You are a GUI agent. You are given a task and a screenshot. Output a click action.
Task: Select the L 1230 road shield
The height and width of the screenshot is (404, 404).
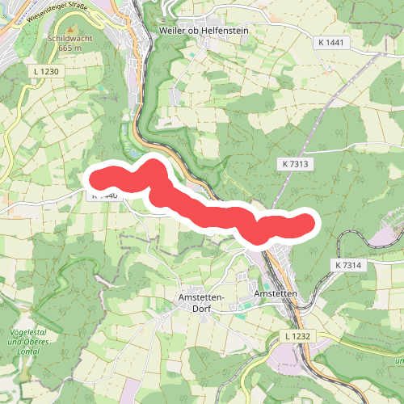48,72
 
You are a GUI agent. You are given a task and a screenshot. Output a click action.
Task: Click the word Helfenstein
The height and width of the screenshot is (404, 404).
224,30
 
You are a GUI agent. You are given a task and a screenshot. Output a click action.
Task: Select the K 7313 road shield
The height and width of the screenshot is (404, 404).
297,163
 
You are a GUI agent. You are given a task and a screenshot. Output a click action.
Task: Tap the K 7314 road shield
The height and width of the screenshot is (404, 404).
347,265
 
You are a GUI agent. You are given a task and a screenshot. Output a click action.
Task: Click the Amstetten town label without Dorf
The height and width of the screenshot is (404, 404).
276,294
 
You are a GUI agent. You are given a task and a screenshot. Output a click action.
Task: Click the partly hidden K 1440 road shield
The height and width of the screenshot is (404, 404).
105,196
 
